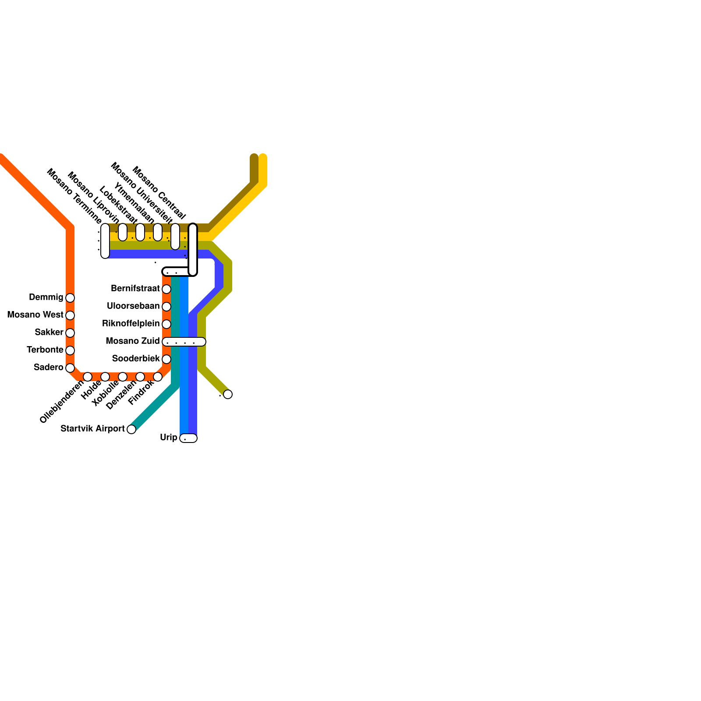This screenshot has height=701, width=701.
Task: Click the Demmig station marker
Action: coord(70,298)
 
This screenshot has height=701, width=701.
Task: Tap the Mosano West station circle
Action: coord(70,315)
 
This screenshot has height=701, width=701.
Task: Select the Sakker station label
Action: coord(49,333)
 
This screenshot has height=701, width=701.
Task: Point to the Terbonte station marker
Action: coord(70,350)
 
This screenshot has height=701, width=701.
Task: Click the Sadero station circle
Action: coord(70,368)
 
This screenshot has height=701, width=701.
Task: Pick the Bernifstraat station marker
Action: coord(166,289)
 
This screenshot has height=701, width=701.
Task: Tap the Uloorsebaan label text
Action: coord(133,306)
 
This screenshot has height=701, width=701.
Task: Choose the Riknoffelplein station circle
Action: coord(166,324)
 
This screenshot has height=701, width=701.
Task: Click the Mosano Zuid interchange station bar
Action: coord(184,342)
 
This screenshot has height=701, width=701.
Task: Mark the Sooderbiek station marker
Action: coord(166,359)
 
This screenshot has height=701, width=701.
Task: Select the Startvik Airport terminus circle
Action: coord(131,429)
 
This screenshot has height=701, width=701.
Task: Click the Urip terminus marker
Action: coord(188,438)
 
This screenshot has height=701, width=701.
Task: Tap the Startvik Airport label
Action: coord(92,429)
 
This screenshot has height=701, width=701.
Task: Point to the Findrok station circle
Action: coord(158,377)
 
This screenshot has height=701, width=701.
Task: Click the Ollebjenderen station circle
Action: coord(88,377)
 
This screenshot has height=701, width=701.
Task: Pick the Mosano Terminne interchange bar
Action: coord(105,241)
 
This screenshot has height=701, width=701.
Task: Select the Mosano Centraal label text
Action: coord(159,192)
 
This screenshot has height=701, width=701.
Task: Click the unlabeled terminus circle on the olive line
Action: coord(228,394)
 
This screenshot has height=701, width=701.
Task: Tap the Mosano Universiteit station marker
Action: coord(175,237)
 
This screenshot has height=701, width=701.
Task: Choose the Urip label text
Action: coord(169,438)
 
